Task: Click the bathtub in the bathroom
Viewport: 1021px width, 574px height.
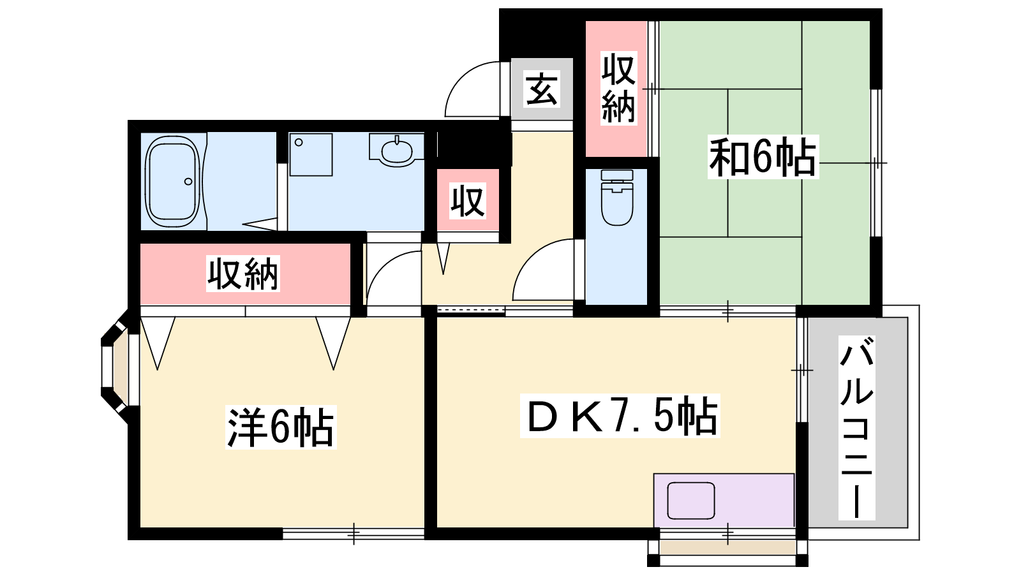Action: [x=173, y=181]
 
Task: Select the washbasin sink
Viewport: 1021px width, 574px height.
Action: [x=397, y=151]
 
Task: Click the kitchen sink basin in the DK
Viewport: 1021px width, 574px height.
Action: [x=691, y=501]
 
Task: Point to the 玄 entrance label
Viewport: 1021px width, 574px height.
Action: [x=542, y=89]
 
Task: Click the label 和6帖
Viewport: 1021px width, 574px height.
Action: [x=763, y=157]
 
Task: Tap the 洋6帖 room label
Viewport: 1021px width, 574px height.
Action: [x=281, y=427]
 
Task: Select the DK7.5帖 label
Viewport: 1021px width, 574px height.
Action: [x=620, y=415]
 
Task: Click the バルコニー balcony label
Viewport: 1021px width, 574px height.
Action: [x=856, y=428]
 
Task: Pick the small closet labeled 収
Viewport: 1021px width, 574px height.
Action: [x=468, y=200]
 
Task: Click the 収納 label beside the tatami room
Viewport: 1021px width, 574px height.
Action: [x=618, y=89]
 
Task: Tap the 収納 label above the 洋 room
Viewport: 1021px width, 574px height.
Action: [x=243, y=274]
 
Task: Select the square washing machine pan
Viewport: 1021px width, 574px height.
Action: [x=311, y=154]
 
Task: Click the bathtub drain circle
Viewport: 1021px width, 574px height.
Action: [x=188, y=182]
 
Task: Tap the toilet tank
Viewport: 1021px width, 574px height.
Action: [x=617, y=175]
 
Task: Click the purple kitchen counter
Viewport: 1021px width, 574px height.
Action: [x=724, y=501]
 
